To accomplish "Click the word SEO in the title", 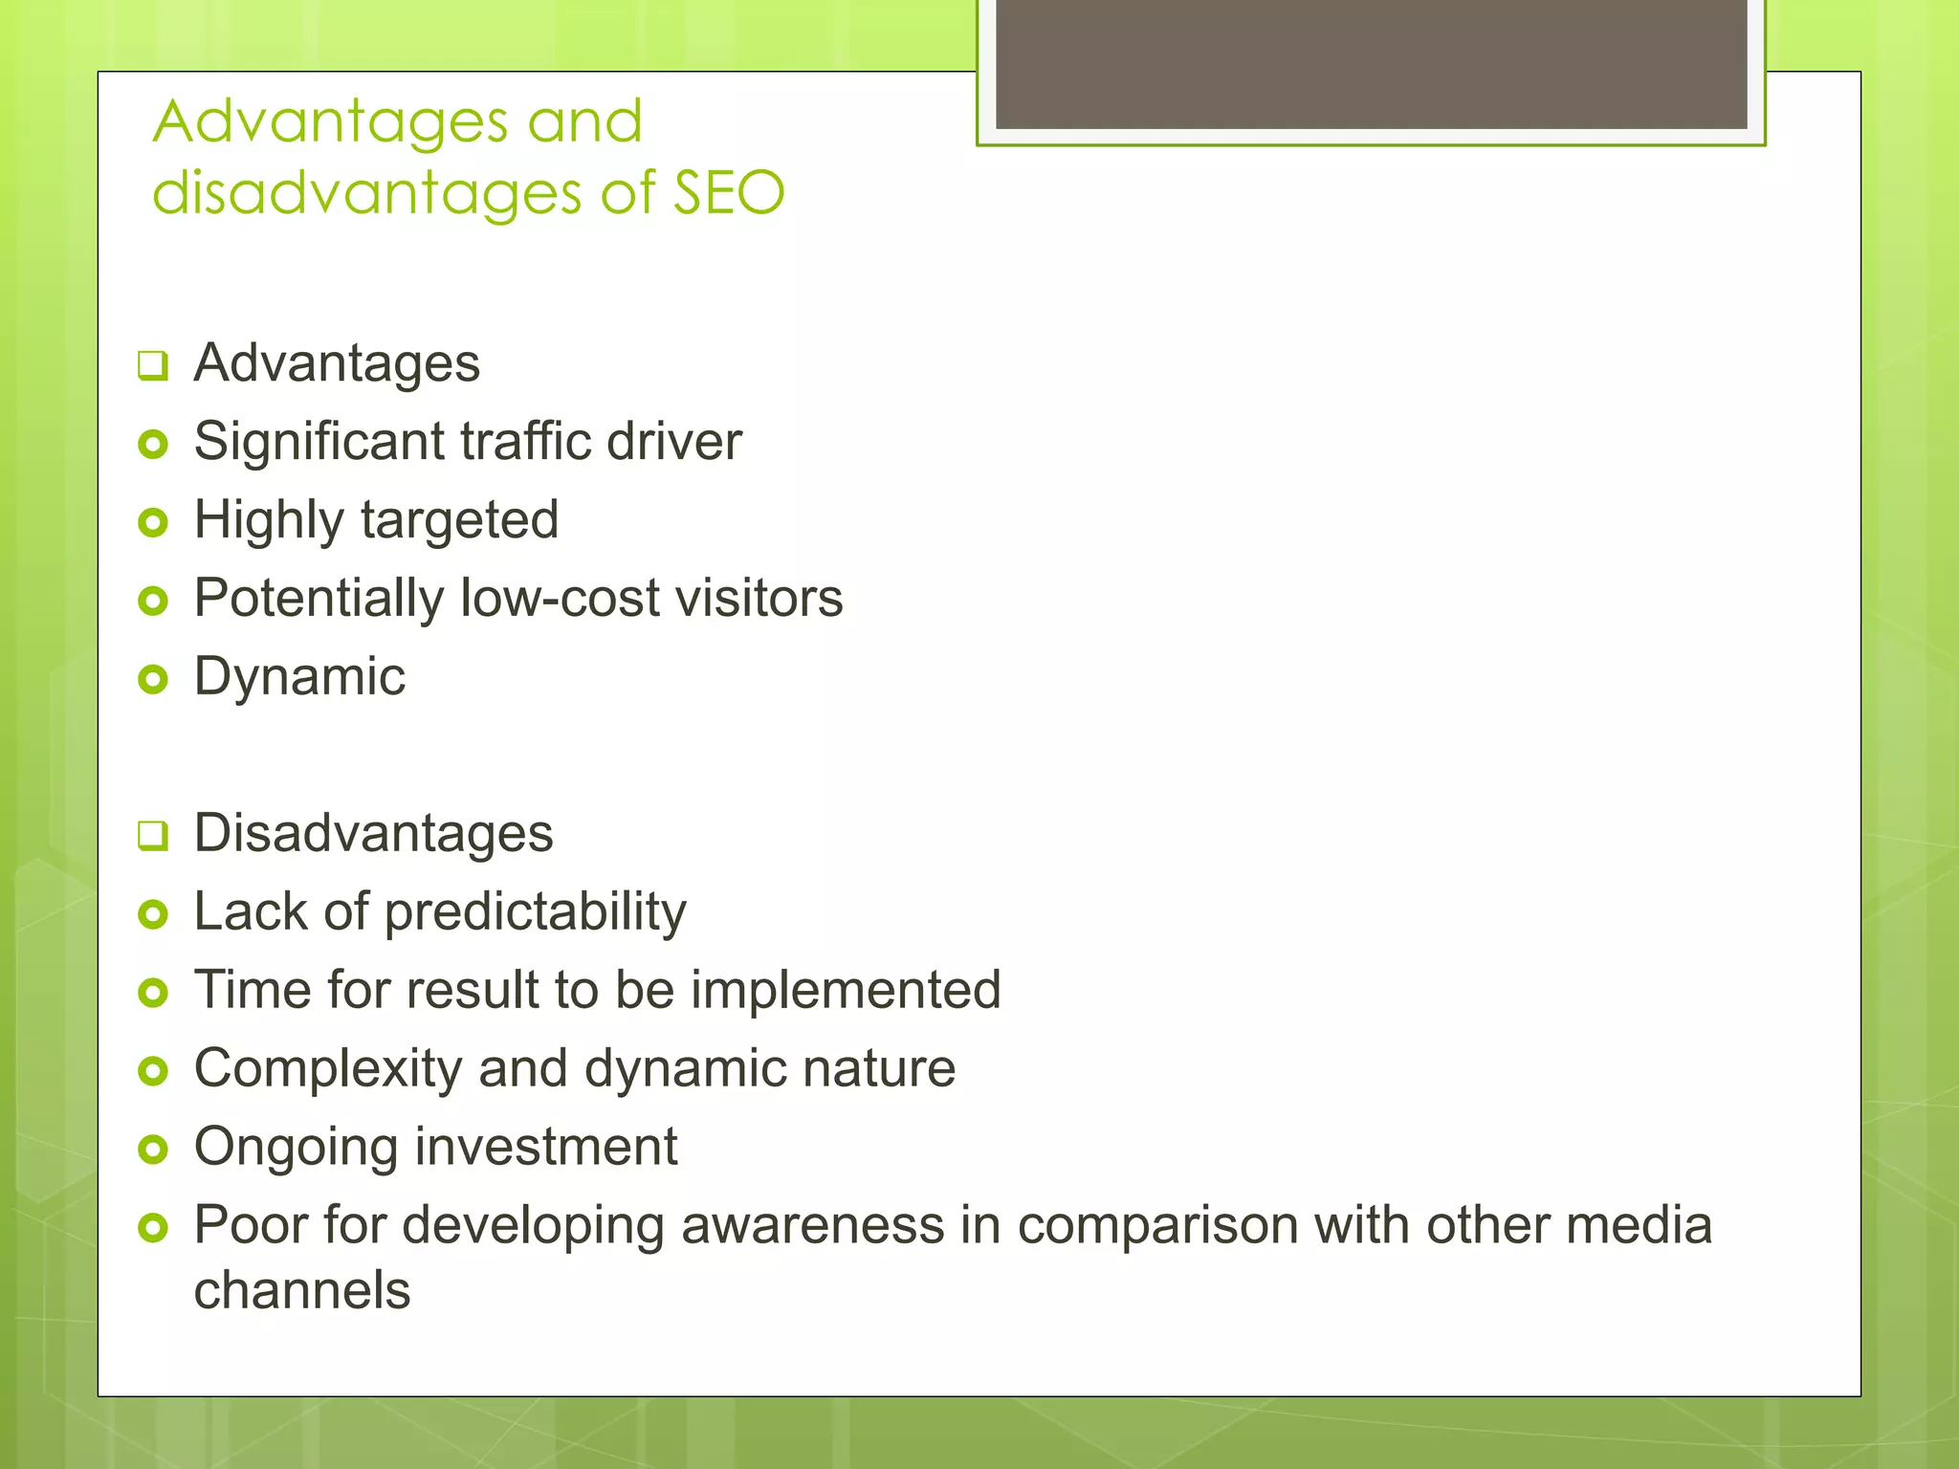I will pyautogui.click(x=729, y=192).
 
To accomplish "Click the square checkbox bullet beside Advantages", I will pyautogui.click(x=153, y=365).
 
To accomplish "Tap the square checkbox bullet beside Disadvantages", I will pyautogui.click(x=153, y=835).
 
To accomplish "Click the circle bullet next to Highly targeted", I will pyautogui.click(x=153, y=522).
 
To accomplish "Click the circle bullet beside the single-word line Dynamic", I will pyautogui.click(x=153, y=679).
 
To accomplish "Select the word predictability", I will pyautogui.click(x=536, y=912).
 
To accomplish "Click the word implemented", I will pyautogui.click(x=846, y=990).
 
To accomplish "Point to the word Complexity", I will pyautogui.click(x=328, y=1069).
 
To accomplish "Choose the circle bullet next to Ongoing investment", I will pyautogui.click(x=153, y=1149).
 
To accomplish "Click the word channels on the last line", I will pyautogui.click(x=302, y=1290).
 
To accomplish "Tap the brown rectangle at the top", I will pyautogui.click(x=1371, y=63).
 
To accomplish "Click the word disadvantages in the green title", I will pyautogui.click(x=367, y=192).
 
